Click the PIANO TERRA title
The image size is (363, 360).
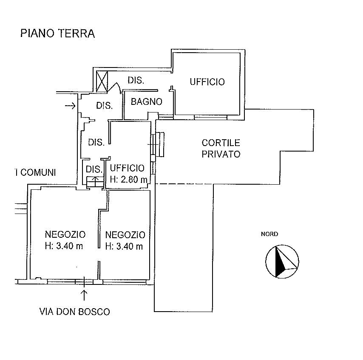pyautogui.click(x=58, y=33)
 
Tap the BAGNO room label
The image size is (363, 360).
pyautogui.click(x=147, y=101)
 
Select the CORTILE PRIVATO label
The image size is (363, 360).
pyautogui.click(x=221, y=149)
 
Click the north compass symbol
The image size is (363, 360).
pyautogui.click(x=282, y=261)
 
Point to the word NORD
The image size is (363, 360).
pyautogui.click(x=269, y=234)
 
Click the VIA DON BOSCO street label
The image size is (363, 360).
pyautogui.click(x=74, y=312)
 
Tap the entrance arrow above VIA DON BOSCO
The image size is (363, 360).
pyautogui.click(x=84, y=295)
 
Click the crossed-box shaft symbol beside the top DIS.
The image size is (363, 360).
pyautogui.click(x=102, y=82)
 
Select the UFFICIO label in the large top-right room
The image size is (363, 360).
pyautogui.click(x=207, y=82)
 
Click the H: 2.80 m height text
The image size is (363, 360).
pyautogui.click(x=129, y=179)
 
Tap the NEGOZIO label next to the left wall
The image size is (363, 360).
pyautogui.click(x=65, y=234)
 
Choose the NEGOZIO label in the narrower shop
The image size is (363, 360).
pyautogui.click(x=125, y=235)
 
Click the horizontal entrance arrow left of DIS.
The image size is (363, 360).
pyautogui.click(x=70, y=106)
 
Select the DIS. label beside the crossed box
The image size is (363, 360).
pyautogui.click(x=136, y=81)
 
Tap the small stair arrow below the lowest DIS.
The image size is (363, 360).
pyautogui.click(x=96, y=180)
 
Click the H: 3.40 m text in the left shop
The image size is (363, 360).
pyautogui.click(x=64, y=246)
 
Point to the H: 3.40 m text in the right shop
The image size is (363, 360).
pyautogui.click(x=124, y=247)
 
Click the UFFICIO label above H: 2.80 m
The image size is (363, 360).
pyautogui.click(x=127, y=168)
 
